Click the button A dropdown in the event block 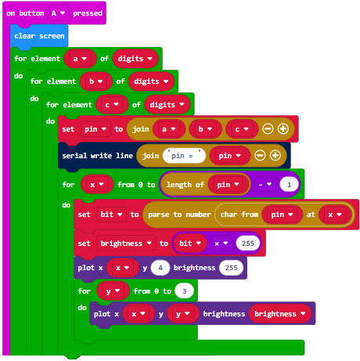pyautogui.click(x=59, y=13)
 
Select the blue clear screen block pyautogui.click(x=39, y=36)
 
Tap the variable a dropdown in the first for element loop pyautogui.click(x=80, y=59)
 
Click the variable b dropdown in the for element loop pyautogui.click(x=96, y=81)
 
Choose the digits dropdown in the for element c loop pyautogui.click(x=167, y=105)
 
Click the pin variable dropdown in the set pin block pyautogui.click(x=95, y=129)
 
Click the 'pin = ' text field pyautogui.click(x=184, y=156)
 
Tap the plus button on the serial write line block pyautogui.click(x=275, y=156)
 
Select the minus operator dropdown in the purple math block pyautogui.click(x=265, y=185)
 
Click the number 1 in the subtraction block pyautogui.click(x=289, y=185)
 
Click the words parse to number pyautogui.click(x=179, y=215)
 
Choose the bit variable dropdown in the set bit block pyautogui.click(x=111, y=215)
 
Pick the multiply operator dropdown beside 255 pyautogui.click(x=221, y=244)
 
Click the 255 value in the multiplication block pyautogui.click(x=248, y=244)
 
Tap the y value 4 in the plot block pyautogui.click(x=160, y=268)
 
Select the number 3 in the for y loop pyautogui.click(x=184, y=291)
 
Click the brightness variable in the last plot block pyautogui.click(x=280, y=314)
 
